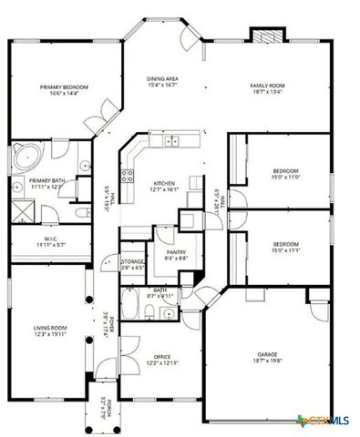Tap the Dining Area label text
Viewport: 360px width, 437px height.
pyautogui.click(x=163, y=82)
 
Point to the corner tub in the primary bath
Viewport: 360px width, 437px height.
pyautogui.click(x=25, y=157)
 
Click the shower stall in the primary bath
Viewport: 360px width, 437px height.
pyautogui.click(x=22, y=211)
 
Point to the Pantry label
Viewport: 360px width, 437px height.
pyautogui.click(x=165, y=256)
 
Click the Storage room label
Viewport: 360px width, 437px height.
pyautogui.click(x=133, y=264)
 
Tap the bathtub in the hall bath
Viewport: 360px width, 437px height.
pyautogui.click(x=133, y=305)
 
